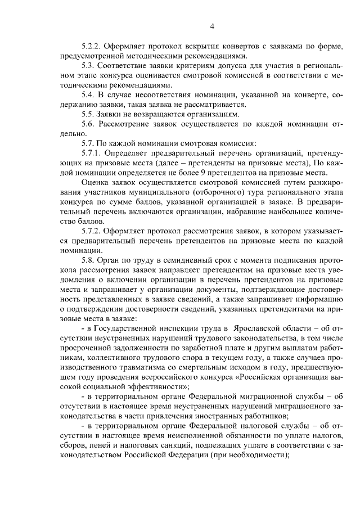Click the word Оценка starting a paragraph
coord(95,183)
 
